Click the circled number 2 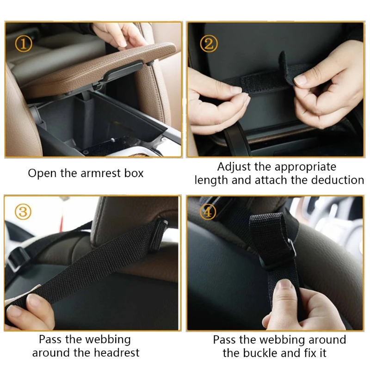pyautogui.click(x=209, y=44)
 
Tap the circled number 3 pyautogui.click(x=23, y=212)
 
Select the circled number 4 pyautogui.click(x=208, y=212)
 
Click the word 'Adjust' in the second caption pyautogui.click(x=234, y=166)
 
